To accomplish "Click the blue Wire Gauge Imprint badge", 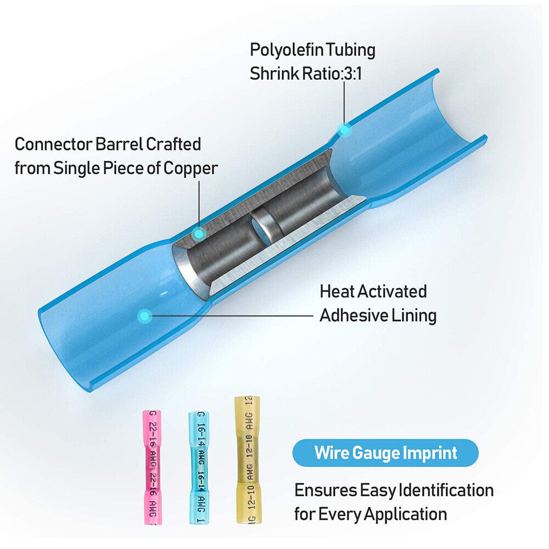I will tap(385, 453).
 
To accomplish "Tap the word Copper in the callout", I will tap(190, 168).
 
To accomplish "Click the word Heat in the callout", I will tap(337, 291).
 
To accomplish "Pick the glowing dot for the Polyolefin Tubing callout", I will tap(344, 130).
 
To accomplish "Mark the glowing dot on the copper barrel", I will tap(199, 234).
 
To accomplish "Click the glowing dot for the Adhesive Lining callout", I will tap(144, 315).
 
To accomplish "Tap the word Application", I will tap(405, 514).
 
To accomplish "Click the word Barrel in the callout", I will tap(117, 144).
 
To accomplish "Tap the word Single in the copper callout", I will tap(76, 168).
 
